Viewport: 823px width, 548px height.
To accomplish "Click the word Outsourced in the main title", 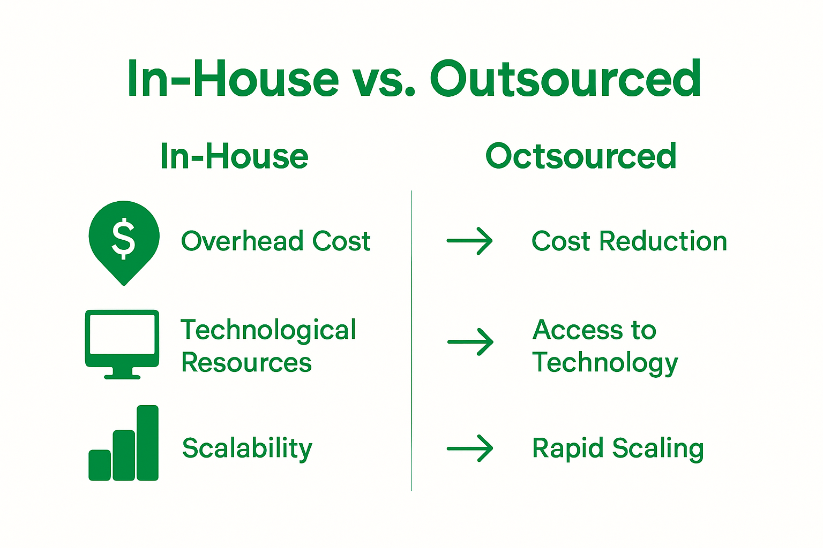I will tap(565, 79).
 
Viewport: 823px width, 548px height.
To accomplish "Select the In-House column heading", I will tap(234, 156).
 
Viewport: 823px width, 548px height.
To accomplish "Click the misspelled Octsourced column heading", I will tap(581, 156).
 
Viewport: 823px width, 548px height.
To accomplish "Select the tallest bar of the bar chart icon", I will tap(147, 443).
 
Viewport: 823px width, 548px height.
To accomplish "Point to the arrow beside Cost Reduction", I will tap(469, 241).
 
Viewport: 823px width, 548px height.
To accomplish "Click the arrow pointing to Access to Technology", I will tap(470, 341).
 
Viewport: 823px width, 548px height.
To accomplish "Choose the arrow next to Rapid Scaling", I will tap(469, 448).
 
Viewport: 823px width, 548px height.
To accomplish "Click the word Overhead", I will tap(242, 241).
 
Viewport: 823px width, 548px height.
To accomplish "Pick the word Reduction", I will tap(663, 241).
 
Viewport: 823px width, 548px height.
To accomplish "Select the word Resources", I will tap(246, 363).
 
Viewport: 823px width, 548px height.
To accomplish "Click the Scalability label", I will tap(247, 448).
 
